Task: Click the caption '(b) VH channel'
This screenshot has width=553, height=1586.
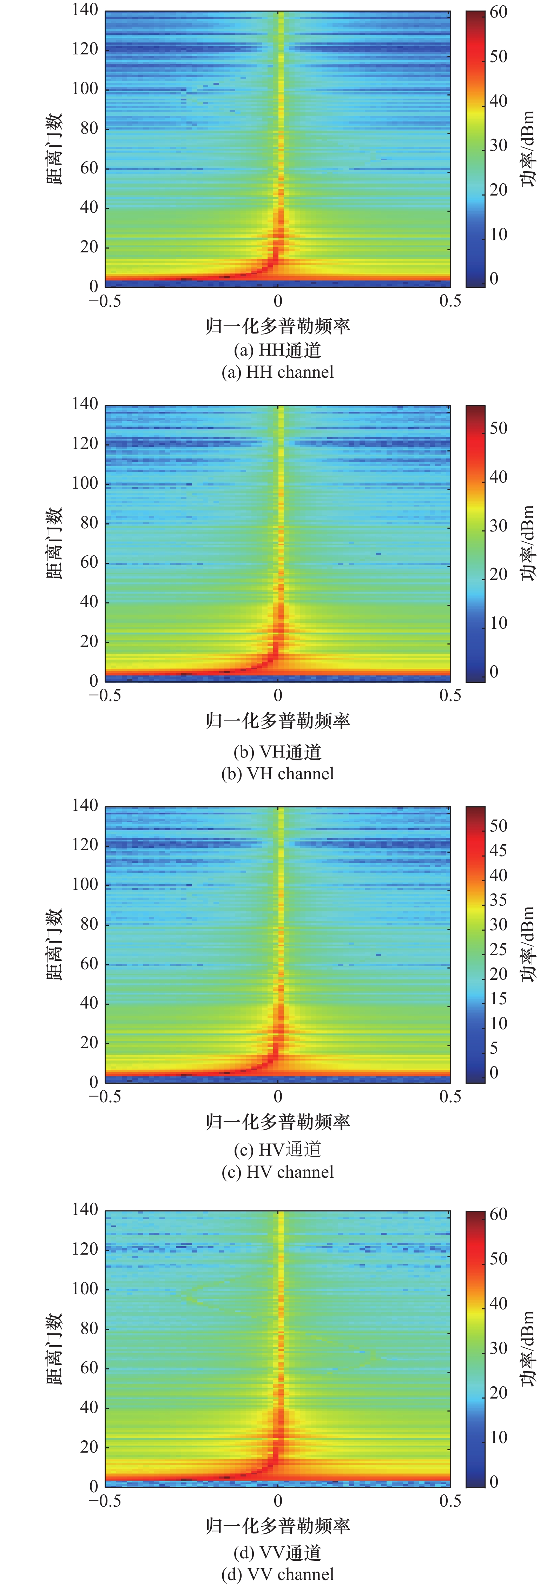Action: (x=278, y=774)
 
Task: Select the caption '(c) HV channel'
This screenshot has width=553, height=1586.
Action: (x=278, y=1172)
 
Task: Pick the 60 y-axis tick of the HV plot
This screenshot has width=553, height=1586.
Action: (x=89, y=964)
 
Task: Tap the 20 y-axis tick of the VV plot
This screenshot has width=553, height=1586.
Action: (x=89, y=1446)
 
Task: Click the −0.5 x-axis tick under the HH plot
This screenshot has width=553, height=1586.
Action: (x=105, y=301)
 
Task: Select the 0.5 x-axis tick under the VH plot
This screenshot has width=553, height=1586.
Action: (x=450, y=696)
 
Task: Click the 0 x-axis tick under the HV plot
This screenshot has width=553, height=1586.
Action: (x=278, y=1097)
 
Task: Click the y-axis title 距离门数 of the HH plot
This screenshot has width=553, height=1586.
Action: (x=54, y=148)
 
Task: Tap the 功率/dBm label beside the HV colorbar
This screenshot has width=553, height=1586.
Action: (x=528, y=944)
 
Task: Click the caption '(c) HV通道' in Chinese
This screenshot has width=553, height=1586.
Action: (x=278, y=1149)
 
